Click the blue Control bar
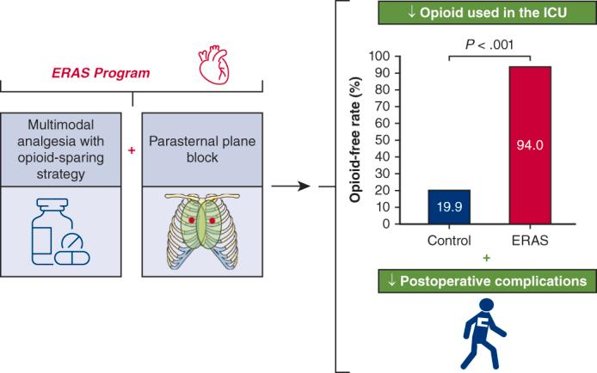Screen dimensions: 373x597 (449, 206)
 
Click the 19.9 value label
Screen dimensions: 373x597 (449, 206)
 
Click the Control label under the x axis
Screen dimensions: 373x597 (449, 240)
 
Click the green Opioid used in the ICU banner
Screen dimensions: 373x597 (486, 14)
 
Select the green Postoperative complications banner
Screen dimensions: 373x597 (486, 280)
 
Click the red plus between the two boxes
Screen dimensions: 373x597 (132, 150)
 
